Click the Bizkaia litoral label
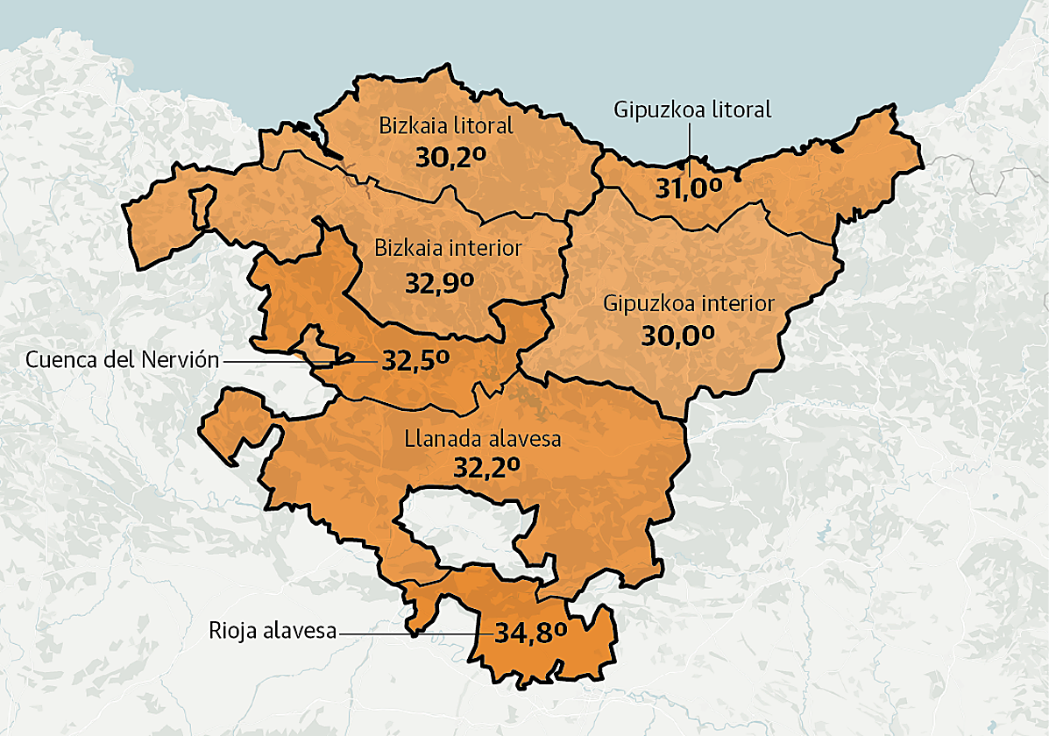(446, 125)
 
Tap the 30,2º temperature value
(450, 158)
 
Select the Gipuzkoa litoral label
(692, 110)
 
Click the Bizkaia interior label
(448, 248)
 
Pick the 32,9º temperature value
(439, 282)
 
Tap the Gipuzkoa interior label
(689, 303)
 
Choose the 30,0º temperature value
(677, 336)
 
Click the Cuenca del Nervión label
(122, 359)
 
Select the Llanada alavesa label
(482, 439)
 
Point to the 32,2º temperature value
(487, 468)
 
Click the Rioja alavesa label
(273, 631)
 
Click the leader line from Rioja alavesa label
(412, 632)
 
